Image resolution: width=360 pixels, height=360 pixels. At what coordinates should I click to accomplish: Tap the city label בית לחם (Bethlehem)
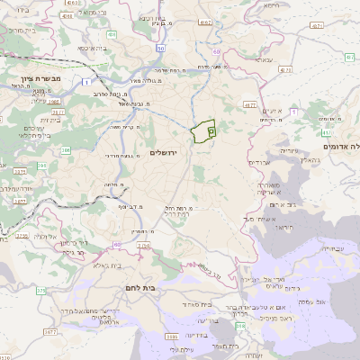(x=137, y=288)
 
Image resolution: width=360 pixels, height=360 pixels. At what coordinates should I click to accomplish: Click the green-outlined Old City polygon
(x=205, y=131)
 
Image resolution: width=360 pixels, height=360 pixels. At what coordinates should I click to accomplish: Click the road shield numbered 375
(x=40, y=291)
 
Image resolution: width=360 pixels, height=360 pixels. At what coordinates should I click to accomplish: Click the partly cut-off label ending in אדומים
(x=340, y=146)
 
